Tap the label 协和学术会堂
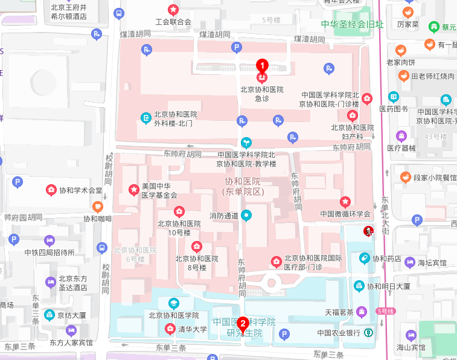[80, 190]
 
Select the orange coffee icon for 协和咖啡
[97, 207]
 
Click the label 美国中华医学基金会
[159, 191]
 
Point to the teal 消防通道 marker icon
[246, 215]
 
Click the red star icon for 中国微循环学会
[345, 201]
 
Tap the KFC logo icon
[367, 231]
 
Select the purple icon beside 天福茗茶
[361, 312]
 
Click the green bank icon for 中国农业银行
[368, 332]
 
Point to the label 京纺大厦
[72, 315]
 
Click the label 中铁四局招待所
[50, 252]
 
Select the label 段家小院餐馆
[435, 178]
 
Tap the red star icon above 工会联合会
[173, 10]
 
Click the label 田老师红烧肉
[433, 76]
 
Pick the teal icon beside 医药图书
[394, 97]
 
